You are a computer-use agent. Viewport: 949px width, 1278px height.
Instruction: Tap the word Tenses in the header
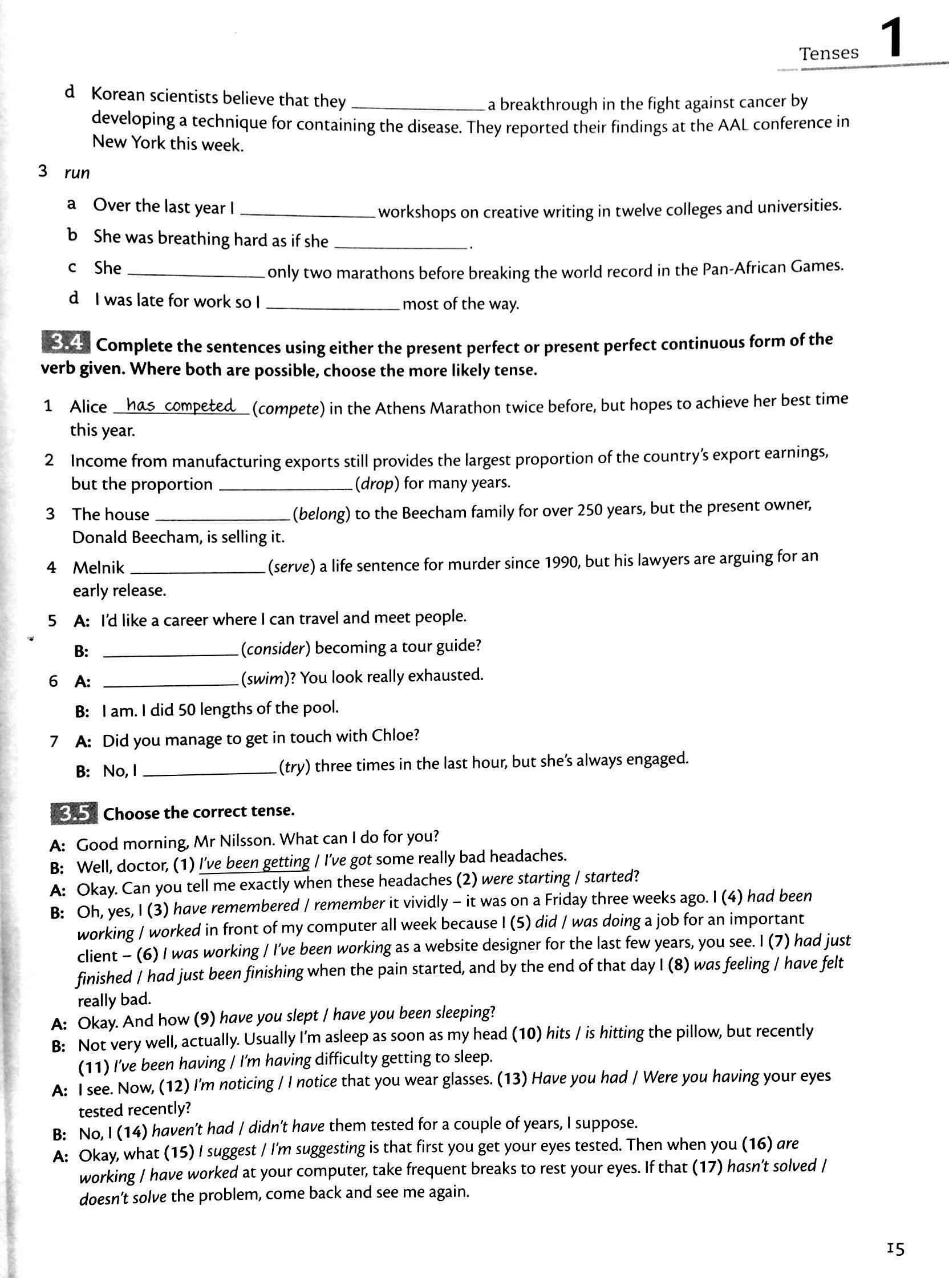[828, 54]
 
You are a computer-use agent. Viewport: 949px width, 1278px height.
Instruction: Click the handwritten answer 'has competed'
[180, 406]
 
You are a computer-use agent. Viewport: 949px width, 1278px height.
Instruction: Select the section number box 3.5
[75, 814]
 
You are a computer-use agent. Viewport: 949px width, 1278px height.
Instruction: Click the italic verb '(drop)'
[377, 483]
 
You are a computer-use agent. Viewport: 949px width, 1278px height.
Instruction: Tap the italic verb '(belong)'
[321, 513]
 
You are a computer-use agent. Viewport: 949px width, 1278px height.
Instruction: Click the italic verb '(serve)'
[292, 567]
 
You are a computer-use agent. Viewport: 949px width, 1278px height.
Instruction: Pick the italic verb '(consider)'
[275, 648]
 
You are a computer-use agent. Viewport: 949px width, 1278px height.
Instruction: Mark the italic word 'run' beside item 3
[77, 172]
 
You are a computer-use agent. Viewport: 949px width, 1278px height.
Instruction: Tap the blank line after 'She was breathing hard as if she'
[400, 245]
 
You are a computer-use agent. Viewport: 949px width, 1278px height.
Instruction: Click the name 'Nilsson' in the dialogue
[244, 840]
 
